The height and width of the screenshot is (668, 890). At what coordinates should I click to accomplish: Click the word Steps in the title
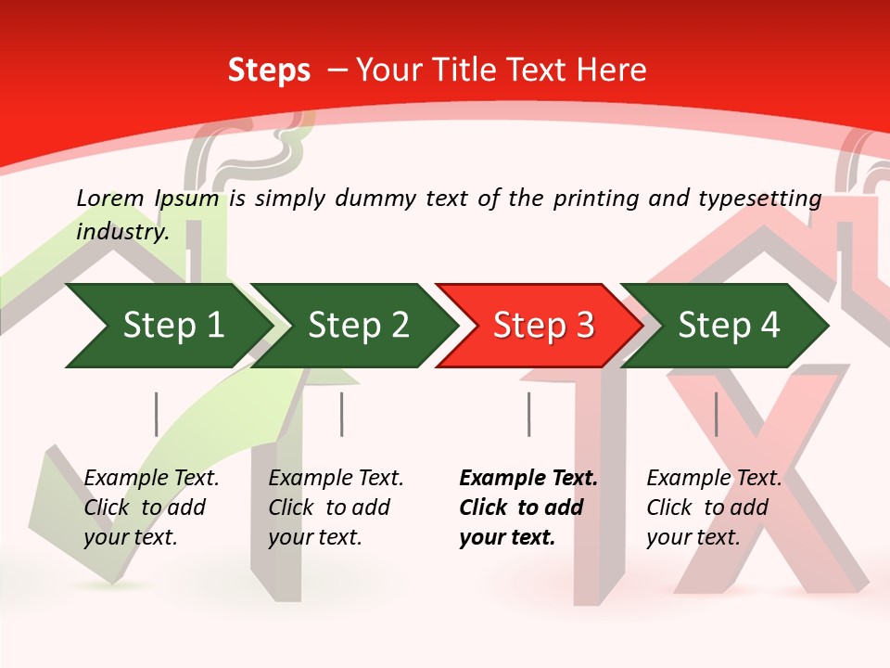click(269, 71)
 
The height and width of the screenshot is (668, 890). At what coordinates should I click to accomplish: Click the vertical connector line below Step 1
click(156, 414)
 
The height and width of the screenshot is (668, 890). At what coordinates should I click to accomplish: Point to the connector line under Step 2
click(342, 414)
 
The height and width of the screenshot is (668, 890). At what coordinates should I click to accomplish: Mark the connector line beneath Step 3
click(528, 414)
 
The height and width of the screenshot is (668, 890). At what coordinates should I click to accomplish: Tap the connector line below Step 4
click(716, 414)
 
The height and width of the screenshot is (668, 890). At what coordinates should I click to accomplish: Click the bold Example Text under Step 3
click(528, 507)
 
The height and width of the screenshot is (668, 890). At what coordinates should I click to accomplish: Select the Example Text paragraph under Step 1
click(151, 507)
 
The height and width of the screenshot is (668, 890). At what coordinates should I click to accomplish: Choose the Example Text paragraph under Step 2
click(336, 507)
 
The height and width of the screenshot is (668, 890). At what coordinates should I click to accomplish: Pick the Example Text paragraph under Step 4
click(714, 507)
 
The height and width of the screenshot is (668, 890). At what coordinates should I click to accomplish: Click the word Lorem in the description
click(110, 198)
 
